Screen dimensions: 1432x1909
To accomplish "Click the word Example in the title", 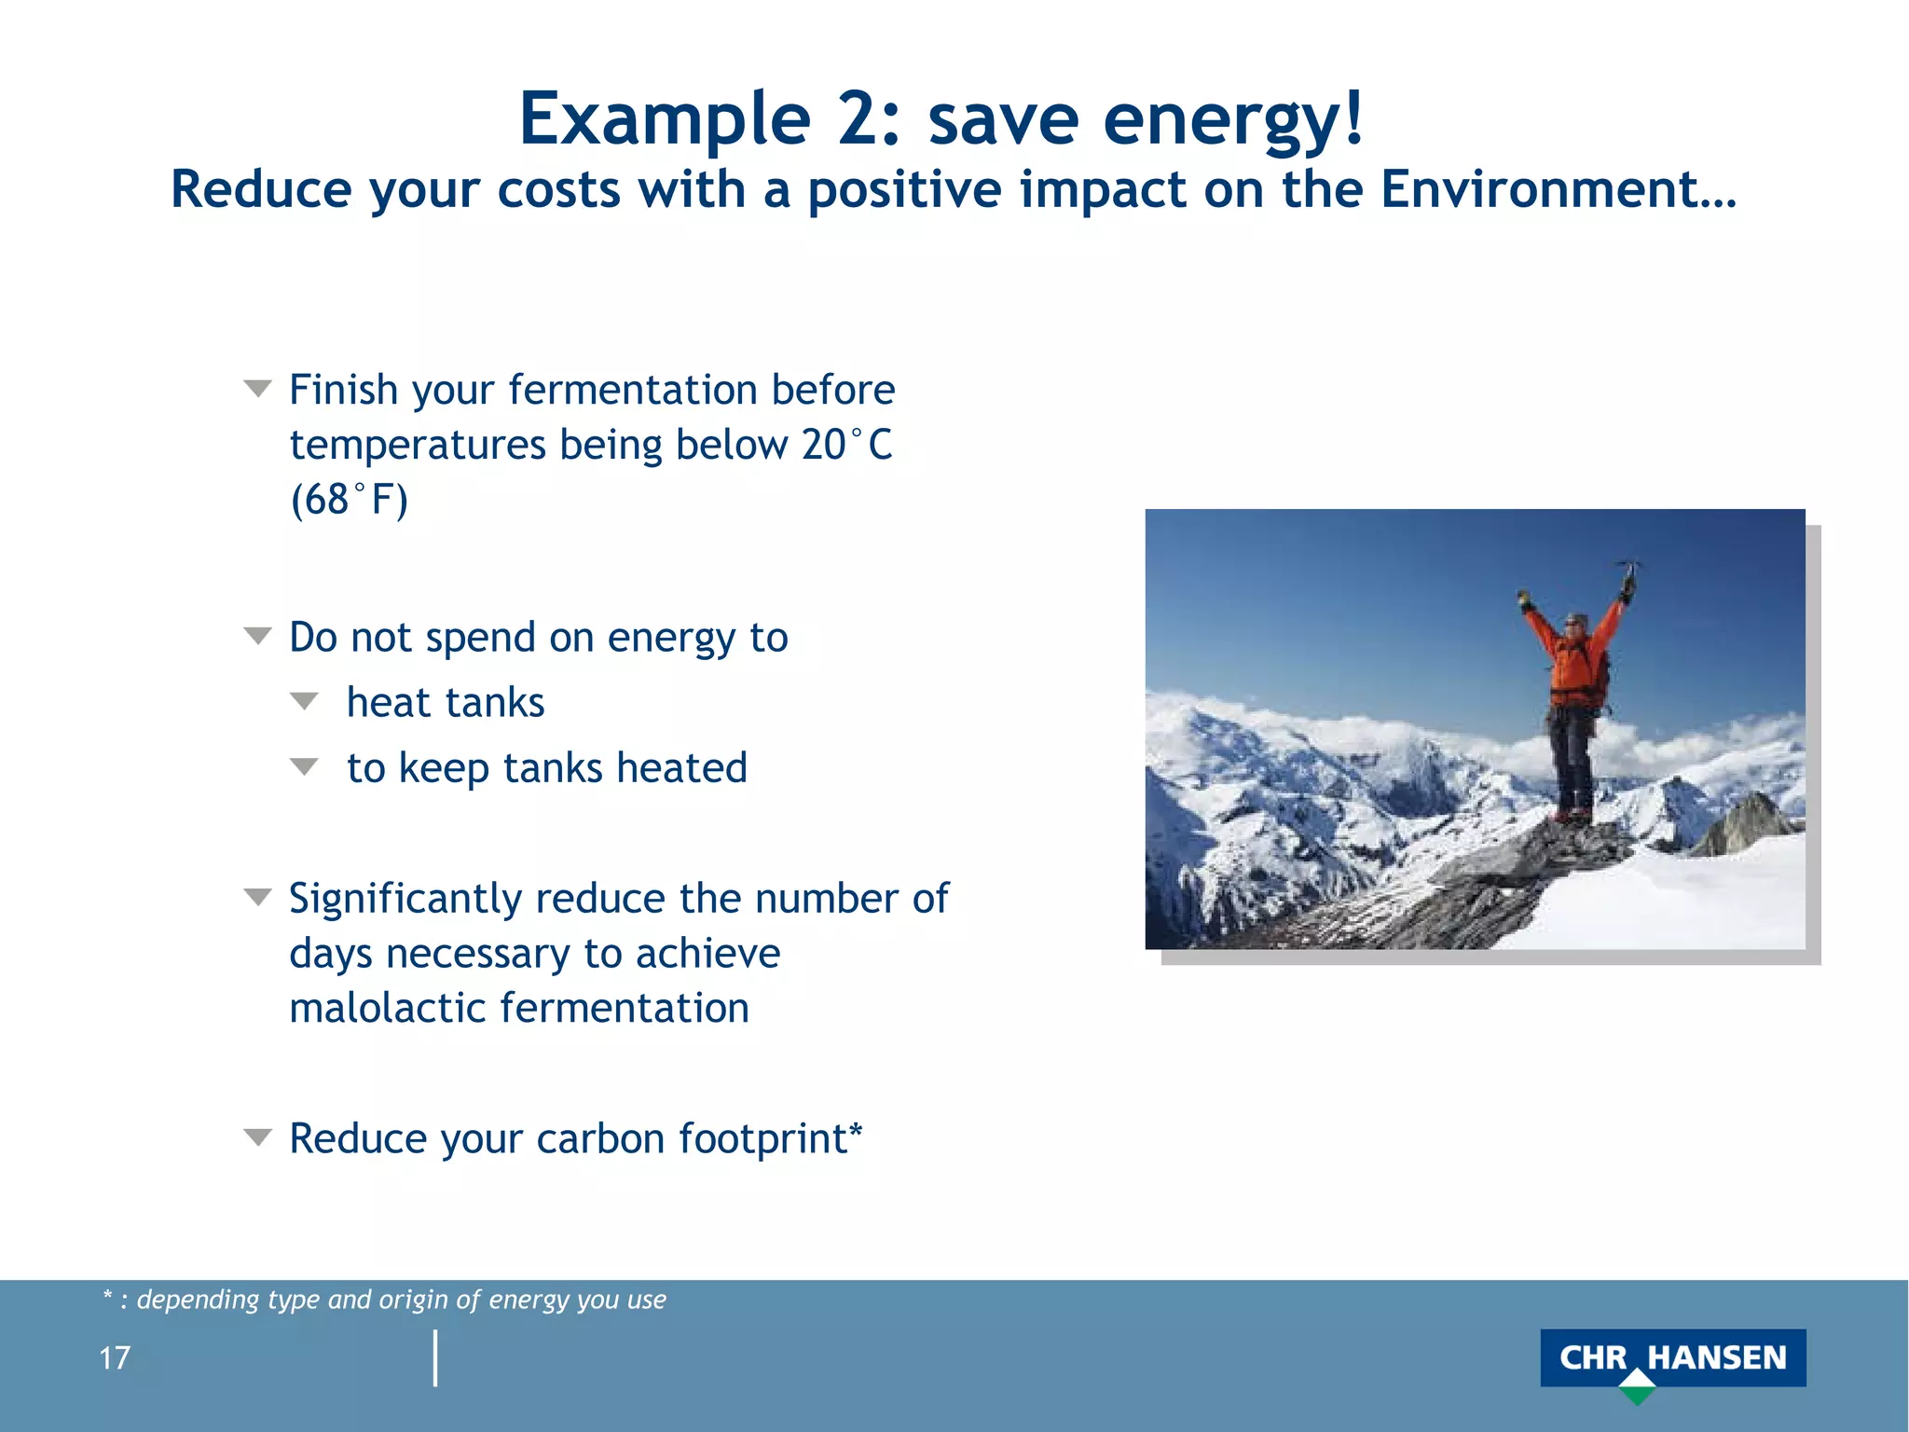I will tap(665, 119).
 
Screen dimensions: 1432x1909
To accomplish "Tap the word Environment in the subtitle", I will tap(1547, 189).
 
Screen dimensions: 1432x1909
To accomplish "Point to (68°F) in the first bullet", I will tap(349, 500).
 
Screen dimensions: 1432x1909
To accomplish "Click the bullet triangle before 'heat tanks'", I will tap(304, 701).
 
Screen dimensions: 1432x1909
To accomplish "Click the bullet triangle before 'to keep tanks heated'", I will tap(304, 766).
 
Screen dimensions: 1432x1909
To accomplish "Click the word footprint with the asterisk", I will tap(770, 1138).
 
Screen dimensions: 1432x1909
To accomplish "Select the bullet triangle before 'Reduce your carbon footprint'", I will tap(257, 1136).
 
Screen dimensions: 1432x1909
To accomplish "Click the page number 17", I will tap(115, 1357).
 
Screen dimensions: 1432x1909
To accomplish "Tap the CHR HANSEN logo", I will tap(1672, 1356).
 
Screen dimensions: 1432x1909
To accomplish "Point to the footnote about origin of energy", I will tap(384, 1299).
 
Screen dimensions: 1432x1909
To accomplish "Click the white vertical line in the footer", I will tap(435, 1358).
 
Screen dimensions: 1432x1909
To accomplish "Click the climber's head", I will tap(1574, 623).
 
